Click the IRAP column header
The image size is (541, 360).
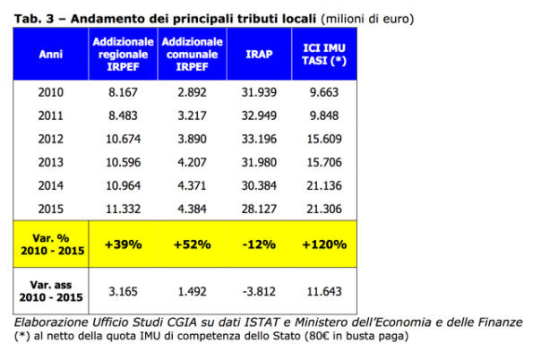click(253, 54)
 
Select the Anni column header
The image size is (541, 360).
click(50, 54)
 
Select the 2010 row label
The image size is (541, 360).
click(50, 91)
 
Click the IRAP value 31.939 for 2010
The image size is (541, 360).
click(254, 91)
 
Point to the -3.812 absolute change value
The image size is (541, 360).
click(254, 291)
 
